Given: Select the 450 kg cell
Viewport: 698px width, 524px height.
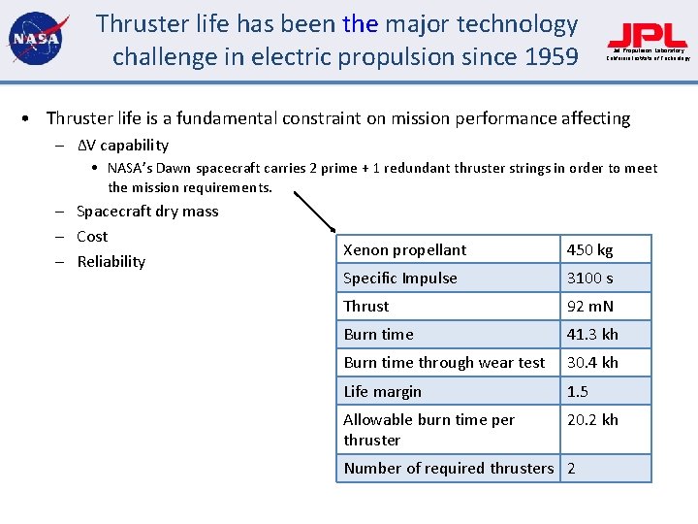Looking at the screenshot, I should point(589,250).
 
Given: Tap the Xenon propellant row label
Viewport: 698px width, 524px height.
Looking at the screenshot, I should point(404,250).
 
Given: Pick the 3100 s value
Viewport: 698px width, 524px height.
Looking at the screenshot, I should point(589,278).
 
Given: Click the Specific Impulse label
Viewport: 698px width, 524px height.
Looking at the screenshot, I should point(399,278).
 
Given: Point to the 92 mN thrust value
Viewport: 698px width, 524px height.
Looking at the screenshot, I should point(589,307).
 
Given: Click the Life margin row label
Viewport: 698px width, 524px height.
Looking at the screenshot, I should point(382,392).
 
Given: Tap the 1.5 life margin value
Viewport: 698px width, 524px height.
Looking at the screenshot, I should point(577,392).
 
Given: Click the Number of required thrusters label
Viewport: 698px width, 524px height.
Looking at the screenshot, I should point(448,469).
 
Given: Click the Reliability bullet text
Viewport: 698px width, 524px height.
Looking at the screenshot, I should point(111,262).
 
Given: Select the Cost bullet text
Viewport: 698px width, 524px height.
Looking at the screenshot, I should point(92,237).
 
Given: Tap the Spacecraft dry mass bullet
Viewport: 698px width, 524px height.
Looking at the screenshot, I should point(147,212).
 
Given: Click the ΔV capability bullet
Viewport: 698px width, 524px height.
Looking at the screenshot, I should point(122,146).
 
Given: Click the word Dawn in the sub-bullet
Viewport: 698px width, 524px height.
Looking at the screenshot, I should point(191,169).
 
